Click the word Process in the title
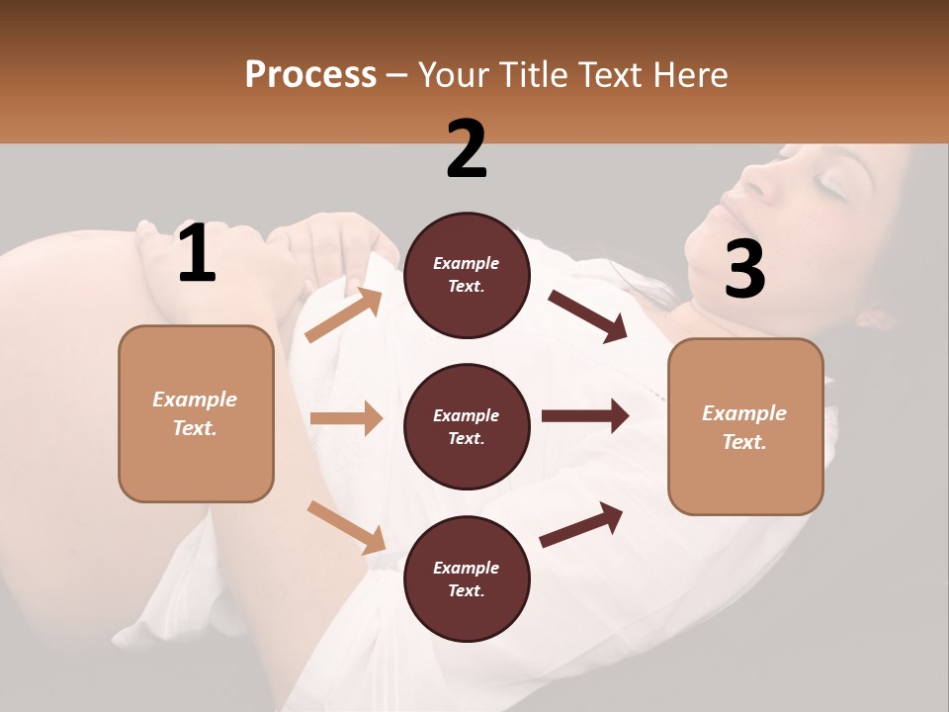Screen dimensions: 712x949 310,75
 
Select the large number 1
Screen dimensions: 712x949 197,254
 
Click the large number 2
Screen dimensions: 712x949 467,149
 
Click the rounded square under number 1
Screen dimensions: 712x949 196,413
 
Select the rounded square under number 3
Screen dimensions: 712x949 745,426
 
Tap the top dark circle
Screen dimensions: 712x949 467,275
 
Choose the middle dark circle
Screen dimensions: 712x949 467,426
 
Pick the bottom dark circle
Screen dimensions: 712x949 467,578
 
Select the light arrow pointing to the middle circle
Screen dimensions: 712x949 346,418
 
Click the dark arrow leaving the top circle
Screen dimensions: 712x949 587,316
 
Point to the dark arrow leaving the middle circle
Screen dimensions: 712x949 584,416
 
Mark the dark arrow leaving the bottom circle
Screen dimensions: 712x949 581,524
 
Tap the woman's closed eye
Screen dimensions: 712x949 833,186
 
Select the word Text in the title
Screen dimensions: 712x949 607,75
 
